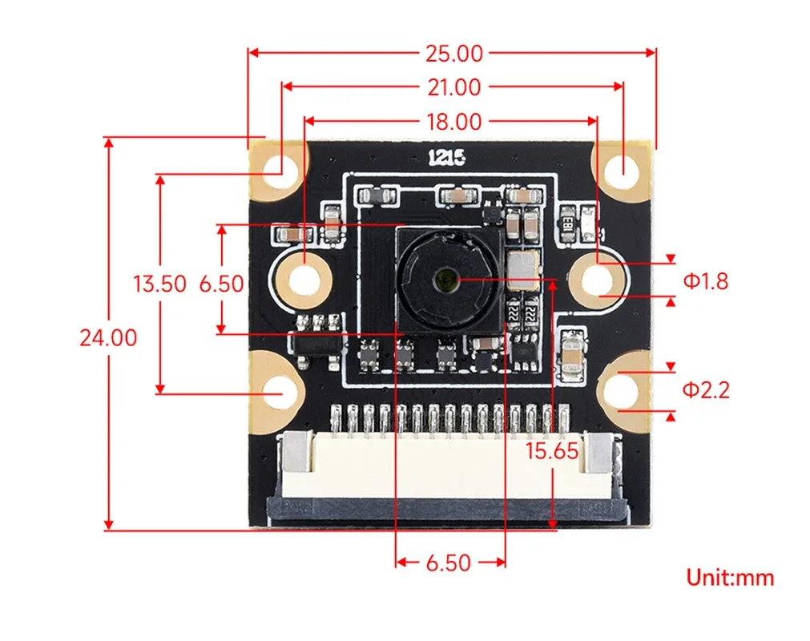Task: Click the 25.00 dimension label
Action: (x=454, y=54)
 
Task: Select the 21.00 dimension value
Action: (x=454, y=87)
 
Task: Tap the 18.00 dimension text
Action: (x=454, y=122)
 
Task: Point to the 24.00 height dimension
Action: (x=108, y=338)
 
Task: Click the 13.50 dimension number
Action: (x=159, y=284)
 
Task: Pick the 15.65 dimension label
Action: (x=552, y=451)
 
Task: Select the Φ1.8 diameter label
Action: (x=706, y=281)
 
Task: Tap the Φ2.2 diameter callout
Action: (x=706, y=390)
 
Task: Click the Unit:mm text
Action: (x=730, y=578)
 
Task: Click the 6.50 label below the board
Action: (x=449, y=563)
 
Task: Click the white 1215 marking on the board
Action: (x=447, y=158)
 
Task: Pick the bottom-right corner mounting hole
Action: (x=620, y=390)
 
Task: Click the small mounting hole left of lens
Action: (x=304, y=281)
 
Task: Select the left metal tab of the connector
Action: (x=297, y=453)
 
